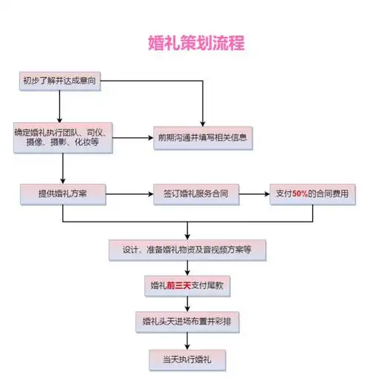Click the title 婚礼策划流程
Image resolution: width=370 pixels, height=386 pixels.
coord(196,42)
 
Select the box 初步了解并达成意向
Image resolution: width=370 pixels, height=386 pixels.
coord(62,81)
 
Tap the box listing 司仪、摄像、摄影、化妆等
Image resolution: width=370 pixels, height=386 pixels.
coord(62,139)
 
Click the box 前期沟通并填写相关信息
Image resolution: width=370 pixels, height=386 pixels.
coord(202,137)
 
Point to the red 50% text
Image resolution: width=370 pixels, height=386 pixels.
coord(300,194)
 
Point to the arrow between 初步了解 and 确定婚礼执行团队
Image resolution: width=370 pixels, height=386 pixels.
coord(62,107)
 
